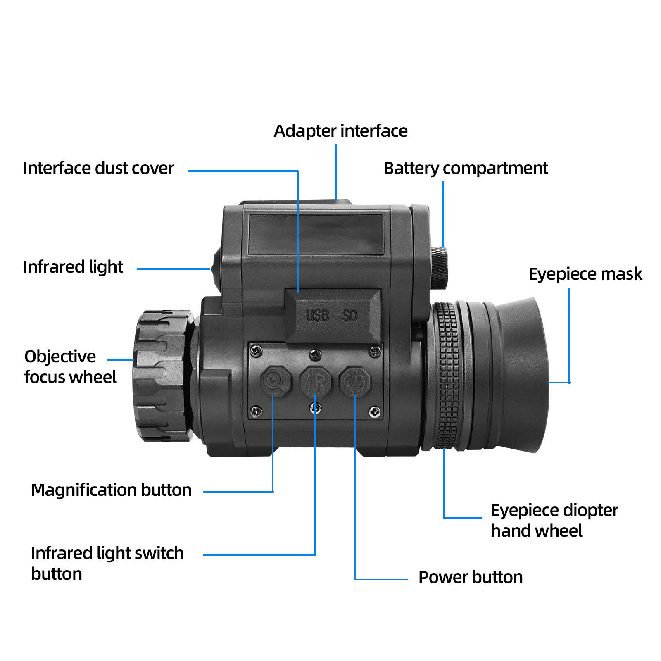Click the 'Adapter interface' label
[340, 131]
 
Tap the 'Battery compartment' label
[465, 168]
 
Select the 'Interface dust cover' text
[98, 168]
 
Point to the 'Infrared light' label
[73, 267]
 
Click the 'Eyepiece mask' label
[585, 274]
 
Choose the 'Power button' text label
[470, 577]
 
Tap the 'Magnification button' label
[111, 490]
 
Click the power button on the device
[355, 382]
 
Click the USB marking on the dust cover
[317, 316]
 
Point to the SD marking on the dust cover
[350, 316]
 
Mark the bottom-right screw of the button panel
[375, 412]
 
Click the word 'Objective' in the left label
[60, 357]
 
